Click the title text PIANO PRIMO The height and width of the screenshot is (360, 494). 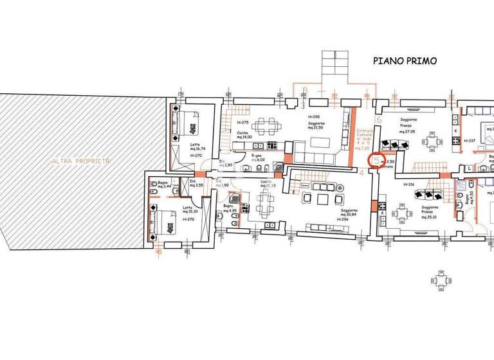pyautogui.click(x=405, y=61)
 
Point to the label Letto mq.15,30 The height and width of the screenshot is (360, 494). pyautogui.click(x=188, y=210)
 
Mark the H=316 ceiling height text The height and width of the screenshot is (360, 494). pyautogui.click(x=410, y=184)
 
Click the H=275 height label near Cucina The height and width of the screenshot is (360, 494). pyautogui.click(x=242, y=123)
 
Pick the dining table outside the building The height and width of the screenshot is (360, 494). pyautogui.click(x=441, y=280)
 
